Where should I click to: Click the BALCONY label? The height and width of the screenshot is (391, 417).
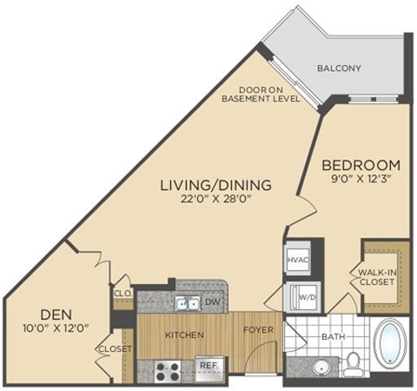tap(339, 68)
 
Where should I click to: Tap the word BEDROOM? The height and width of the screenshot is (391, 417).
tap(361, 164)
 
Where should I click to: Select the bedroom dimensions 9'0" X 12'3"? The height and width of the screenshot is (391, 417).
tap(361, 180)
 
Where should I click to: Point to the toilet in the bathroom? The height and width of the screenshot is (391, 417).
tap(353, 363)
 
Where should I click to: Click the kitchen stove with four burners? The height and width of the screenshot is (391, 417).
tap(167, 371)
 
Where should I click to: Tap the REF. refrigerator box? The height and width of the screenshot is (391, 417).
tap(208, 366)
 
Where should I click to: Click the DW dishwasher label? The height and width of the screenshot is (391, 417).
tap(213, 302)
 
